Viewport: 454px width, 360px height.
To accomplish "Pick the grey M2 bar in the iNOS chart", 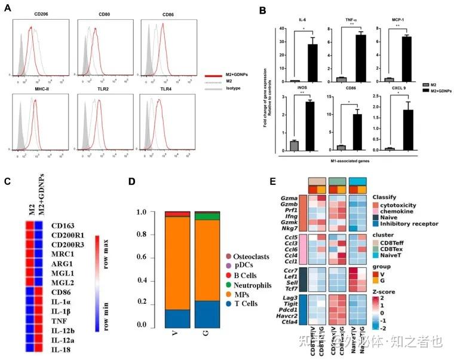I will [x=293, y=145].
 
